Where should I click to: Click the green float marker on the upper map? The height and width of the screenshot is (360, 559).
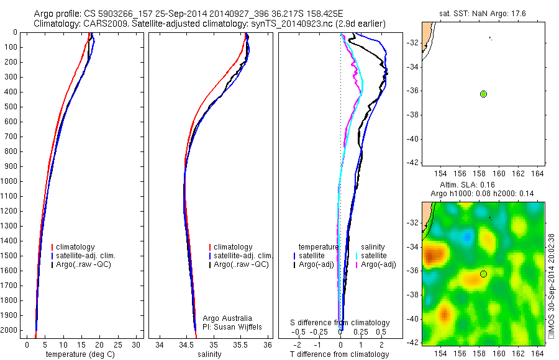pyautogui.click(x=483, y=94)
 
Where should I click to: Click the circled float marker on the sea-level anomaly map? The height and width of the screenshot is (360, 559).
pyautogui.click(x=483, y=274)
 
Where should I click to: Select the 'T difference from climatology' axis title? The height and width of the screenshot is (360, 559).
pyautogui.click(x=339, y=354)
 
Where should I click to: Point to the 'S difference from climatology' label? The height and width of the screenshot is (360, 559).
pyautogui.click(x=340, y=323)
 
